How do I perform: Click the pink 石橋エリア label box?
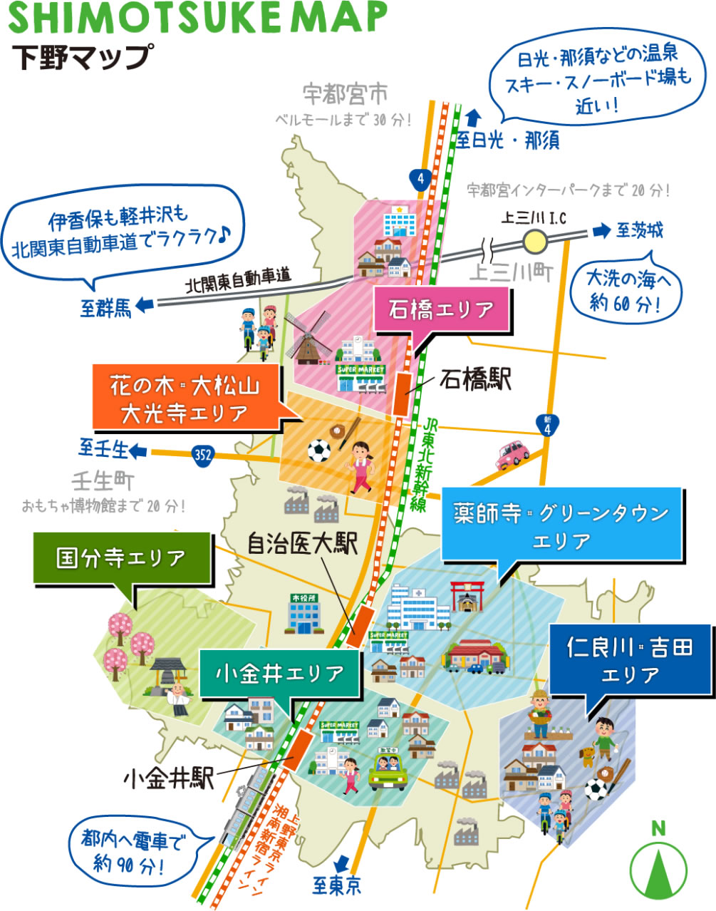[x=442, y=310]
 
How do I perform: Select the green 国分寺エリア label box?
[x=122, y=558]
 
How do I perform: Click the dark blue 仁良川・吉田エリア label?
[x=630, y=660]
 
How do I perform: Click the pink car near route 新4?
[x=512, y=454]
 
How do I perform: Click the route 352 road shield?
[x=203, y=454]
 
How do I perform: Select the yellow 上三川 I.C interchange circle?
[x=534, y=242]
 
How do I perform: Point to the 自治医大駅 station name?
[x=302, y=544]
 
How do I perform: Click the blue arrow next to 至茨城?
[x=602, y=230]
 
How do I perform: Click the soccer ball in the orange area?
[x=318, y=451]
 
